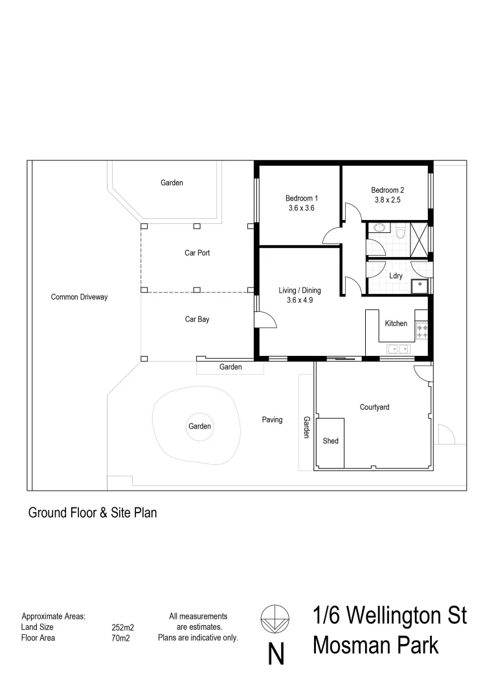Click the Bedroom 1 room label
click(302, 198)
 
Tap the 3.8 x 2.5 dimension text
click(388, 200)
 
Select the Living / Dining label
click(300, 291)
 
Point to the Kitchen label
click(396, 324)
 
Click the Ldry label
click(396, 276)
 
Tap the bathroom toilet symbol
click(401, 232)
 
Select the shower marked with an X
click(419, 239)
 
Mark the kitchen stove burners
click(422, 331)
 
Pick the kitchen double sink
click(397, 349)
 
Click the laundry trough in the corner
click(421, 285)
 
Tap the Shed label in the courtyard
click(330, 441)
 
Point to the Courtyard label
click(374, 407)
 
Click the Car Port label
click(197, 253)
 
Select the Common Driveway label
click(79, 297)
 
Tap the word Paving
click(272, 420)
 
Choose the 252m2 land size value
click(123, 627)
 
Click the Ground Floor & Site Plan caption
click(93, 513)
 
